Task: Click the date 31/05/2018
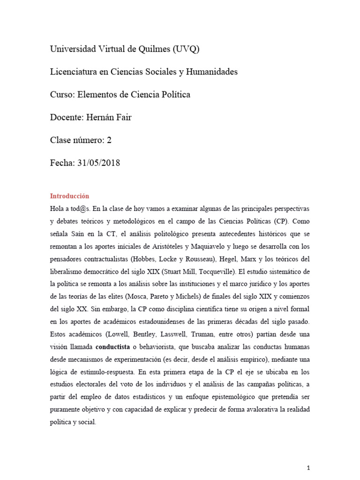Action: click(98, 163)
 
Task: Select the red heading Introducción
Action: click(69, 196)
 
